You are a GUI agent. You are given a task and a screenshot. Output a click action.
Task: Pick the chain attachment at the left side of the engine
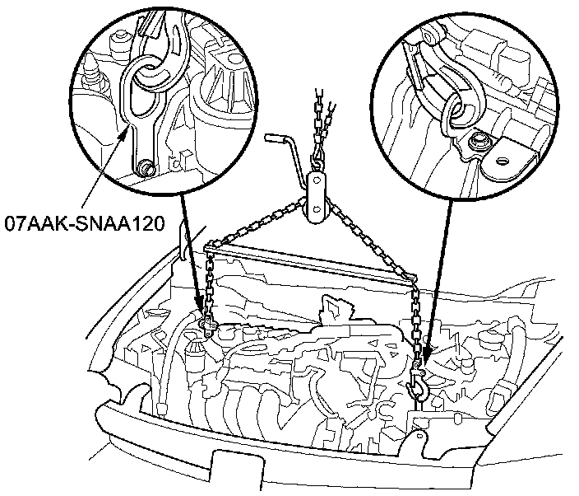pos(206,327)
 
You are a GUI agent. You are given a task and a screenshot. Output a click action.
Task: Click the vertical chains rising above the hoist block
pos(319,124)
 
